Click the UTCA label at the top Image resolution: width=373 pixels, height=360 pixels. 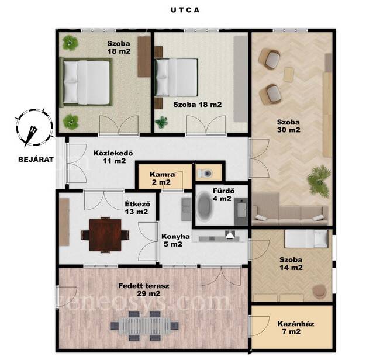coord(185,10)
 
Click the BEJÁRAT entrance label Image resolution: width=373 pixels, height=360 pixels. coord(36,160)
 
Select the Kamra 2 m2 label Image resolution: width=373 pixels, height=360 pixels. coord(162,178)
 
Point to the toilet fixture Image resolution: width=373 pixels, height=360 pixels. coord(205,173)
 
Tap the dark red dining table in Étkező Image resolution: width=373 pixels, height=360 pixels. coord(105,235)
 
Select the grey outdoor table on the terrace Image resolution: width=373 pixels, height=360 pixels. coord(144,326)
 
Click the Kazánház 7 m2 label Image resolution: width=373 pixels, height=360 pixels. coord(295,327)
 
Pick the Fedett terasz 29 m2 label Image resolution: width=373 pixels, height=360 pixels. coord(144,289)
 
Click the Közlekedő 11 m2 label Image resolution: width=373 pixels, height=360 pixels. coord(113,157)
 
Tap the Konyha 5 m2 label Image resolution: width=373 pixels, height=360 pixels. coord(175,240)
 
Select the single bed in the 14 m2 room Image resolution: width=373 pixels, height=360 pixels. coord(306,238)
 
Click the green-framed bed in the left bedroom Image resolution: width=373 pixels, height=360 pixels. coord(86,82)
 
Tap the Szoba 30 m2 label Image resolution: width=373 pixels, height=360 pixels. coord(289,126)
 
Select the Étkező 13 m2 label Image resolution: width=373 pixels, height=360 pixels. coord(137,207)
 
